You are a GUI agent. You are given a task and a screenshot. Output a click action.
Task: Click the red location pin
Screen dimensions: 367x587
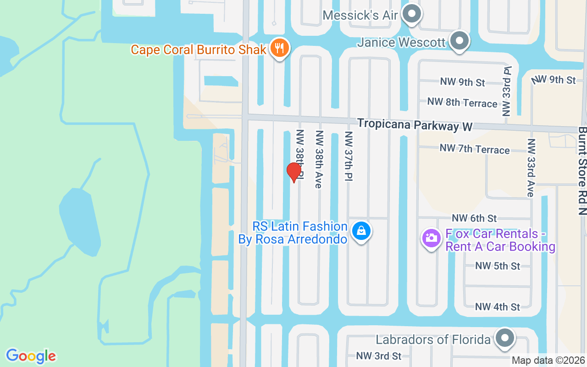coord(293,172)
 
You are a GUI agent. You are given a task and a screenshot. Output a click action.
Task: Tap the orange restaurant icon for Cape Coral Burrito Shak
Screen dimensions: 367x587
coord(278,48)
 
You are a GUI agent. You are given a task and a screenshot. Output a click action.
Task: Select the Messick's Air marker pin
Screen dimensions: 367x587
coord(411,15)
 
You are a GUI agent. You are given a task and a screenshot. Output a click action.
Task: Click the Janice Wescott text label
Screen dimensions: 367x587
coord(401,43)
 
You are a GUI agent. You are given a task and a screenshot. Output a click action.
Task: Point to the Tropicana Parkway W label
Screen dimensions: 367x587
coord(415,125)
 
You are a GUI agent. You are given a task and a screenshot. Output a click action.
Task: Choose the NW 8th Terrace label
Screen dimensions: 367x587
coord(462,102)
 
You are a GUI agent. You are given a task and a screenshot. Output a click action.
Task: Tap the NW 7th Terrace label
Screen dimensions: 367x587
coord(475,149)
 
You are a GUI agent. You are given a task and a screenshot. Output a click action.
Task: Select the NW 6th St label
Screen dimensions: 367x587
coord(474,218)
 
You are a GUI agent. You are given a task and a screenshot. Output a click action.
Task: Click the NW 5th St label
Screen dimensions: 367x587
coord(498,266)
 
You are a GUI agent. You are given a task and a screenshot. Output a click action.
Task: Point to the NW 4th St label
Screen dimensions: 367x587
coord(498,306)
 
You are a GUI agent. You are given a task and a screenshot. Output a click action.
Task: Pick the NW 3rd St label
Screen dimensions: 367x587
coord(378,356)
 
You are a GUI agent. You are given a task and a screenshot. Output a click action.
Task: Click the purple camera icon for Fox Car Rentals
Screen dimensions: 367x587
coord(431,238)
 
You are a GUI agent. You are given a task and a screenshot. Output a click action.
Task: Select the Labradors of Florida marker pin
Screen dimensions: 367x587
coord(505,339)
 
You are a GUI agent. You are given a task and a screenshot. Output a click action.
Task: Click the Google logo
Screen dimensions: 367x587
coord(31,356)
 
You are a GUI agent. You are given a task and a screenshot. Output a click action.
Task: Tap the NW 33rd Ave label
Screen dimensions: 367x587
coord(531,167)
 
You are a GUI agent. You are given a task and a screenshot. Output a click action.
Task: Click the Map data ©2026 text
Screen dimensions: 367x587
coord(548,361)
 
